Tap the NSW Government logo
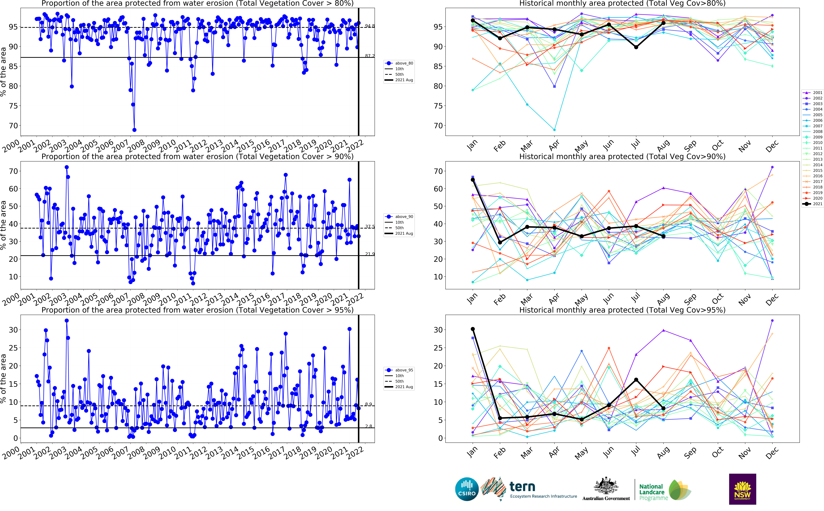tap(742, 489)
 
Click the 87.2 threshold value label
tap(370, 56)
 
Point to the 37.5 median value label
tap(370, 226)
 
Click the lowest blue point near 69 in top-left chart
tap(134, 130)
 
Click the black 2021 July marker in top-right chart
tap(636, 47)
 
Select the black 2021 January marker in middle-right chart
tap(473, 180)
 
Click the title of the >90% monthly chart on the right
tap(622, 157)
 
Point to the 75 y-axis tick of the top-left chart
tap(14, 106)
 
